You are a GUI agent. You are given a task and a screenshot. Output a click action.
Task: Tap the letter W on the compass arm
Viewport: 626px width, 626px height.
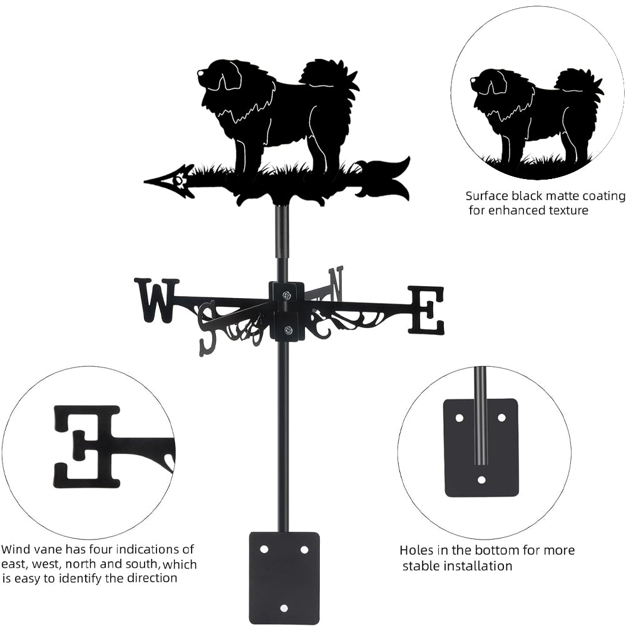click(156, 300)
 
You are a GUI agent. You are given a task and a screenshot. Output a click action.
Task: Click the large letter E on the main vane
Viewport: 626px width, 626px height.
click(426, 309)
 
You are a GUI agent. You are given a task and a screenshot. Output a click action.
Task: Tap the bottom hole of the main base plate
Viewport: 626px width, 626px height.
click(284, 607)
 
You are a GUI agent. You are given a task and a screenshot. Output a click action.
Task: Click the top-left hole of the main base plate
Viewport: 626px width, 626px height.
click(264, 549)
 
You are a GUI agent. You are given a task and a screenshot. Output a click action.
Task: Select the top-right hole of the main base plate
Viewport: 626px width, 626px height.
click(304, 549)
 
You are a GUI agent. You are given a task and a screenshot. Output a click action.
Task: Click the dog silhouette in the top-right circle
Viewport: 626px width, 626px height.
click(535, 113)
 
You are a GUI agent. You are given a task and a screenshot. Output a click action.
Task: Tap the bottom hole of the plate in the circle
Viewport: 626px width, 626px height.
click(481, 480)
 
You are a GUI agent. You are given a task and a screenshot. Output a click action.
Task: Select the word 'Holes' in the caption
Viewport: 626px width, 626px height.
click(417, 551)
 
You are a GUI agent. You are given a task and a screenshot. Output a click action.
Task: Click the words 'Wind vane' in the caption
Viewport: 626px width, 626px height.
click(31, 550)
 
